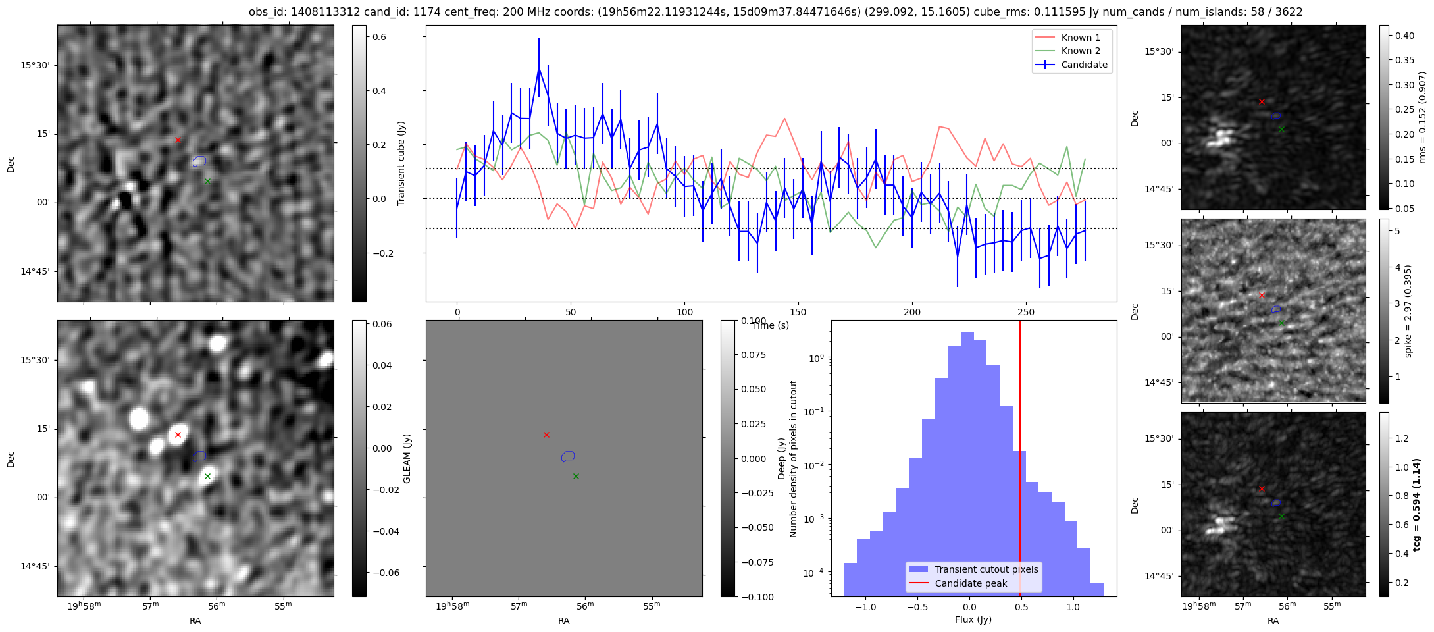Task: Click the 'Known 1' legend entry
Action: (1080, 38)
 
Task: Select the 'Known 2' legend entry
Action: (1080, 51)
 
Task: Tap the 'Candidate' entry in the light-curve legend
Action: (1084, 65)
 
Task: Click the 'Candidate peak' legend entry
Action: (971, 583)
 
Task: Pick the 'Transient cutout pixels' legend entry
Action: (986, 569)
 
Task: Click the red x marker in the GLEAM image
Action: (178, 434)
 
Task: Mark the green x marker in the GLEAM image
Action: (207, 476)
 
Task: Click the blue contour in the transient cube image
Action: (199, 161)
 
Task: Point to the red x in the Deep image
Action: (546, 434)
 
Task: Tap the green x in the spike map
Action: (1281, 323)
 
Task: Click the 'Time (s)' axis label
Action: (771, 325)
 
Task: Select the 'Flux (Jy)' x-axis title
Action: (973, 619)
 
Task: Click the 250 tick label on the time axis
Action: (1025, 312)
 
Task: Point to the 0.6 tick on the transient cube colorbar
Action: (379, 37)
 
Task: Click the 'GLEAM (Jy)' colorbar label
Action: (407, 459)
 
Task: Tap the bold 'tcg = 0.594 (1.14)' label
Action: (1416, 504)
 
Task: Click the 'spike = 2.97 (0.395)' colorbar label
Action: (1408, 311)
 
